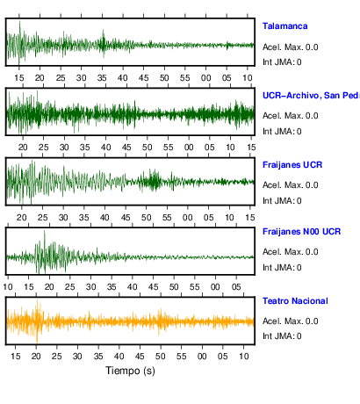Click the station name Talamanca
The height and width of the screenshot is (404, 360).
tap(284, 26)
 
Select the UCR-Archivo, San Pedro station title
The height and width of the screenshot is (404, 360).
tap(311, 96)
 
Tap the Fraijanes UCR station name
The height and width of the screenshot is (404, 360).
tap(292, 165)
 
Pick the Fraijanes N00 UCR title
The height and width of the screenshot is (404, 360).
tap(302, 232)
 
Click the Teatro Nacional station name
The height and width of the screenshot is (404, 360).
tap(295, 301)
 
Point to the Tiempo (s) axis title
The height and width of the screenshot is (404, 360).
tap(130, 371)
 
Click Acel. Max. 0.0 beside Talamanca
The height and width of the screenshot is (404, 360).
tap(291, 47)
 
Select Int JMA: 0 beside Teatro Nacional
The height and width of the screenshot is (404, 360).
tap(282, 335)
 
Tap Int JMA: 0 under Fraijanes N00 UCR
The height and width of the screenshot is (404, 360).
tap(282, 268)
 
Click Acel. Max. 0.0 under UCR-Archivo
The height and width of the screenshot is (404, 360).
tap(291, 116)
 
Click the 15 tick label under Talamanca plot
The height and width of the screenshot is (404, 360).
tap(19, 78)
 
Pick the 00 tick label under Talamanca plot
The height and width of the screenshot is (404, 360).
tap(205, 78)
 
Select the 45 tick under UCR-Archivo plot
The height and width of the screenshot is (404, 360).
tap(126, 148)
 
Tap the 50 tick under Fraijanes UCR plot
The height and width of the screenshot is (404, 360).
tap(146, 218)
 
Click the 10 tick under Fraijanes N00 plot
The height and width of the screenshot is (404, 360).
tap(8, 286)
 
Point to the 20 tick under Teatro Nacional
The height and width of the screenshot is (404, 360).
tap(36, 357)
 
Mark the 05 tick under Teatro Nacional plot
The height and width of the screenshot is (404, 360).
tap(222, 357)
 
